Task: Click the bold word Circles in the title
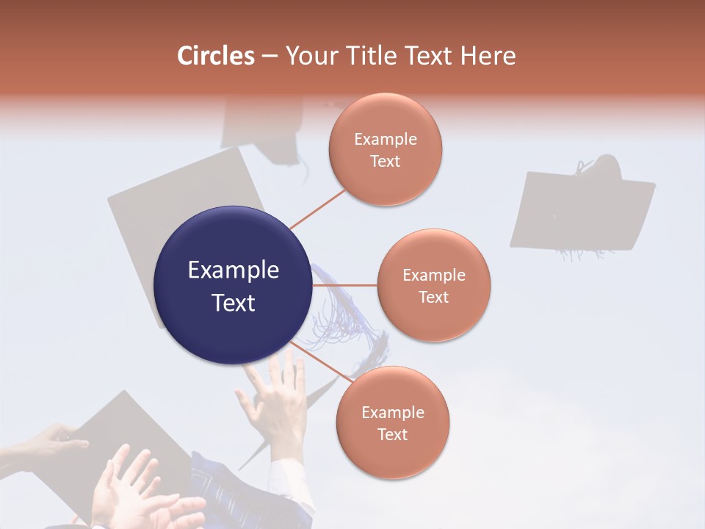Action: point(216,56)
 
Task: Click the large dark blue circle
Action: point(233,285)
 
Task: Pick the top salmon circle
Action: point(386,149)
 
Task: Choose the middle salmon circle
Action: point(434,285)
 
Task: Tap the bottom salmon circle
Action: point(393,422)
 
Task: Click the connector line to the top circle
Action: point(317,209)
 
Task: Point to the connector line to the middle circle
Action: point(345,285)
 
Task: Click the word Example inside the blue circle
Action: point(233,270)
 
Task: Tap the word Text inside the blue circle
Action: point(233,303)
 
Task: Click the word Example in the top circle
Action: point(386,140)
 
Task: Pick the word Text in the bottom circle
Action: point(393,434)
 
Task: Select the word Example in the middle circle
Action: point(434,276)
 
